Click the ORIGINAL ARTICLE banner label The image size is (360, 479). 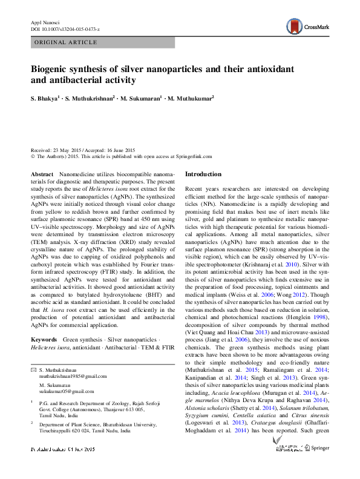[66, 42]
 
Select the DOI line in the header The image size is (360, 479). [65, 28]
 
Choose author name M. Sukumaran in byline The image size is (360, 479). [140, 97]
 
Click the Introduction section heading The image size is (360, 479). [203, 174]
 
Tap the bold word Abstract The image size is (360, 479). [42, 174]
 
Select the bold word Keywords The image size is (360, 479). [44, 340]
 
